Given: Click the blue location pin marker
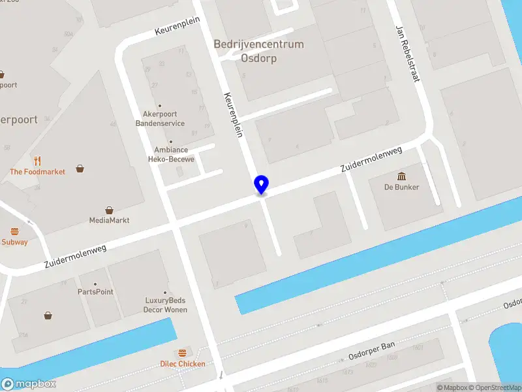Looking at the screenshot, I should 261,184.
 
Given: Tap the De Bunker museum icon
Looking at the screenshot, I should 401,176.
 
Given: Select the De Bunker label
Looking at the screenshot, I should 401,188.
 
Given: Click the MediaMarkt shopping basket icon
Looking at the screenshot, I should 109,210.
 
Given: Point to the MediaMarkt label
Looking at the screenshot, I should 109,221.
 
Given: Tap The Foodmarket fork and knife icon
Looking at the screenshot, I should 37,161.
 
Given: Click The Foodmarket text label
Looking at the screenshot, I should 37,172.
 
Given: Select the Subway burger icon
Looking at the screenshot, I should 14,231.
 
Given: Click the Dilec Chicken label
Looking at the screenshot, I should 183,364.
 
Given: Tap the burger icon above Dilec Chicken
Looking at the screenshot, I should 182,353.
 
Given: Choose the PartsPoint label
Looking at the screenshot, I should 95,292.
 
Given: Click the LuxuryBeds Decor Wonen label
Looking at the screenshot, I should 165,305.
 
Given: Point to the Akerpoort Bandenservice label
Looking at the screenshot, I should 160,118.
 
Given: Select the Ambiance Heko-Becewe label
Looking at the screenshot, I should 171,154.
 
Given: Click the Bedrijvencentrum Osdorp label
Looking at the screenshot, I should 258,51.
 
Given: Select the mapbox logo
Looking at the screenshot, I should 28,384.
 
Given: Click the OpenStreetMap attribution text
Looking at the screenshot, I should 494,387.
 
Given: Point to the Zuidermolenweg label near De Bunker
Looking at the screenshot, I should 371,159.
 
